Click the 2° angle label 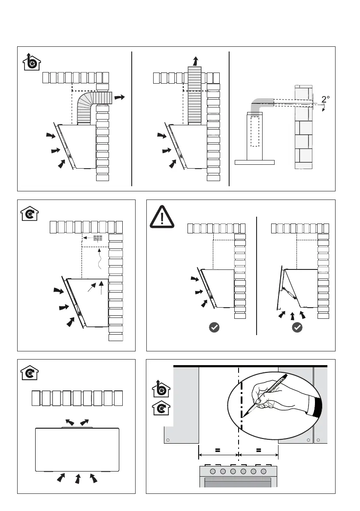(x=326, y=99)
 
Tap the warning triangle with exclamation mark (x=162, y=217)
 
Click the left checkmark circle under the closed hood (x=214, y=327)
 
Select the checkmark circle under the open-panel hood (x=297, y=327)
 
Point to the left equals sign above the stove (x=218, y=450)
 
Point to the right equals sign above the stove (x=258, y=450)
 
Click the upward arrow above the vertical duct (x=195, y=60)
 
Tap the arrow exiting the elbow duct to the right (x=120, y=98)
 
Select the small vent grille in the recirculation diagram (x=98, y=237)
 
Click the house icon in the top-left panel (x=31, y=62)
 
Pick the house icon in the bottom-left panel (x=30, y=372)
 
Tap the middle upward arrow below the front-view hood (x=78, y=479)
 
